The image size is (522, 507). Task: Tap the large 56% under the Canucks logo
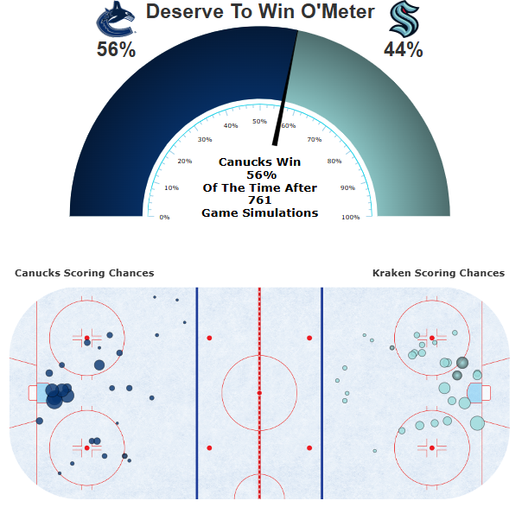(116, 50)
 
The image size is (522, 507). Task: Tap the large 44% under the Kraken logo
(404, 50)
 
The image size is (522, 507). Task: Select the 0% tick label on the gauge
(164, 217)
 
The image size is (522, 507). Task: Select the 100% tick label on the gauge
(350, 217)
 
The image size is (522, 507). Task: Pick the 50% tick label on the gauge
(259, 121)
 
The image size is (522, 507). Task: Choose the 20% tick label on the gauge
(185, 162)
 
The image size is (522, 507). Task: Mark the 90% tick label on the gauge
(347, 187)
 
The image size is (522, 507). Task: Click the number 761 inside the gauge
(259, 200)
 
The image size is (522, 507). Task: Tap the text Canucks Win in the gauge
(259, 162)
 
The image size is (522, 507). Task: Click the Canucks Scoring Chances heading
(84, 273)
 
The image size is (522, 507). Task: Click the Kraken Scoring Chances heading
(438, 273)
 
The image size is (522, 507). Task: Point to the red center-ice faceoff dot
(259, 393)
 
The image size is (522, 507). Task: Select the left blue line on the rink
(197, 393)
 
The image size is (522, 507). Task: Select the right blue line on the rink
(322, 393)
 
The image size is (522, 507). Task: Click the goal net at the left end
(34, 393)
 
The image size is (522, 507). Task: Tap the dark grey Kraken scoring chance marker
(462, 364)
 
